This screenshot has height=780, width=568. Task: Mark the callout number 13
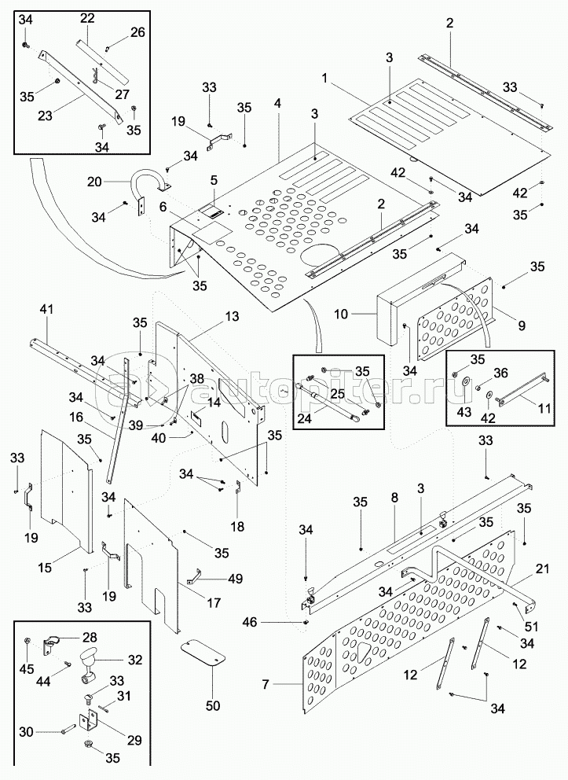point(231,315)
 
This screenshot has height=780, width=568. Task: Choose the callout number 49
point(235,579)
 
